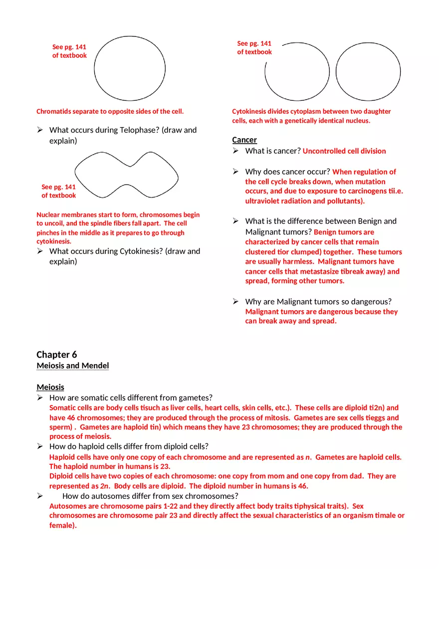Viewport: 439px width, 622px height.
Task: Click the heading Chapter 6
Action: point(57,355)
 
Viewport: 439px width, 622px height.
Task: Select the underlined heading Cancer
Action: point(244,140)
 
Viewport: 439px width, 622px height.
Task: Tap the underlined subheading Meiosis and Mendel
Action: point(73,366)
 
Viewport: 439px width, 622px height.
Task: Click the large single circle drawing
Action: point(130,68)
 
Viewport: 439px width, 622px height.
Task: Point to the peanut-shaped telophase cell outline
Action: point(126,175)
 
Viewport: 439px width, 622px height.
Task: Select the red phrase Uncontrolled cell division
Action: point(344,151)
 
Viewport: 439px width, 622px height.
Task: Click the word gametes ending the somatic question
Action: point(197,398)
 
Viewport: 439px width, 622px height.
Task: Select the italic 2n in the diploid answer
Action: point(105,486)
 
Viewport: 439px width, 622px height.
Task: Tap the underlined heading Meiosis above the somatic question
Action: point(50,387)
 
